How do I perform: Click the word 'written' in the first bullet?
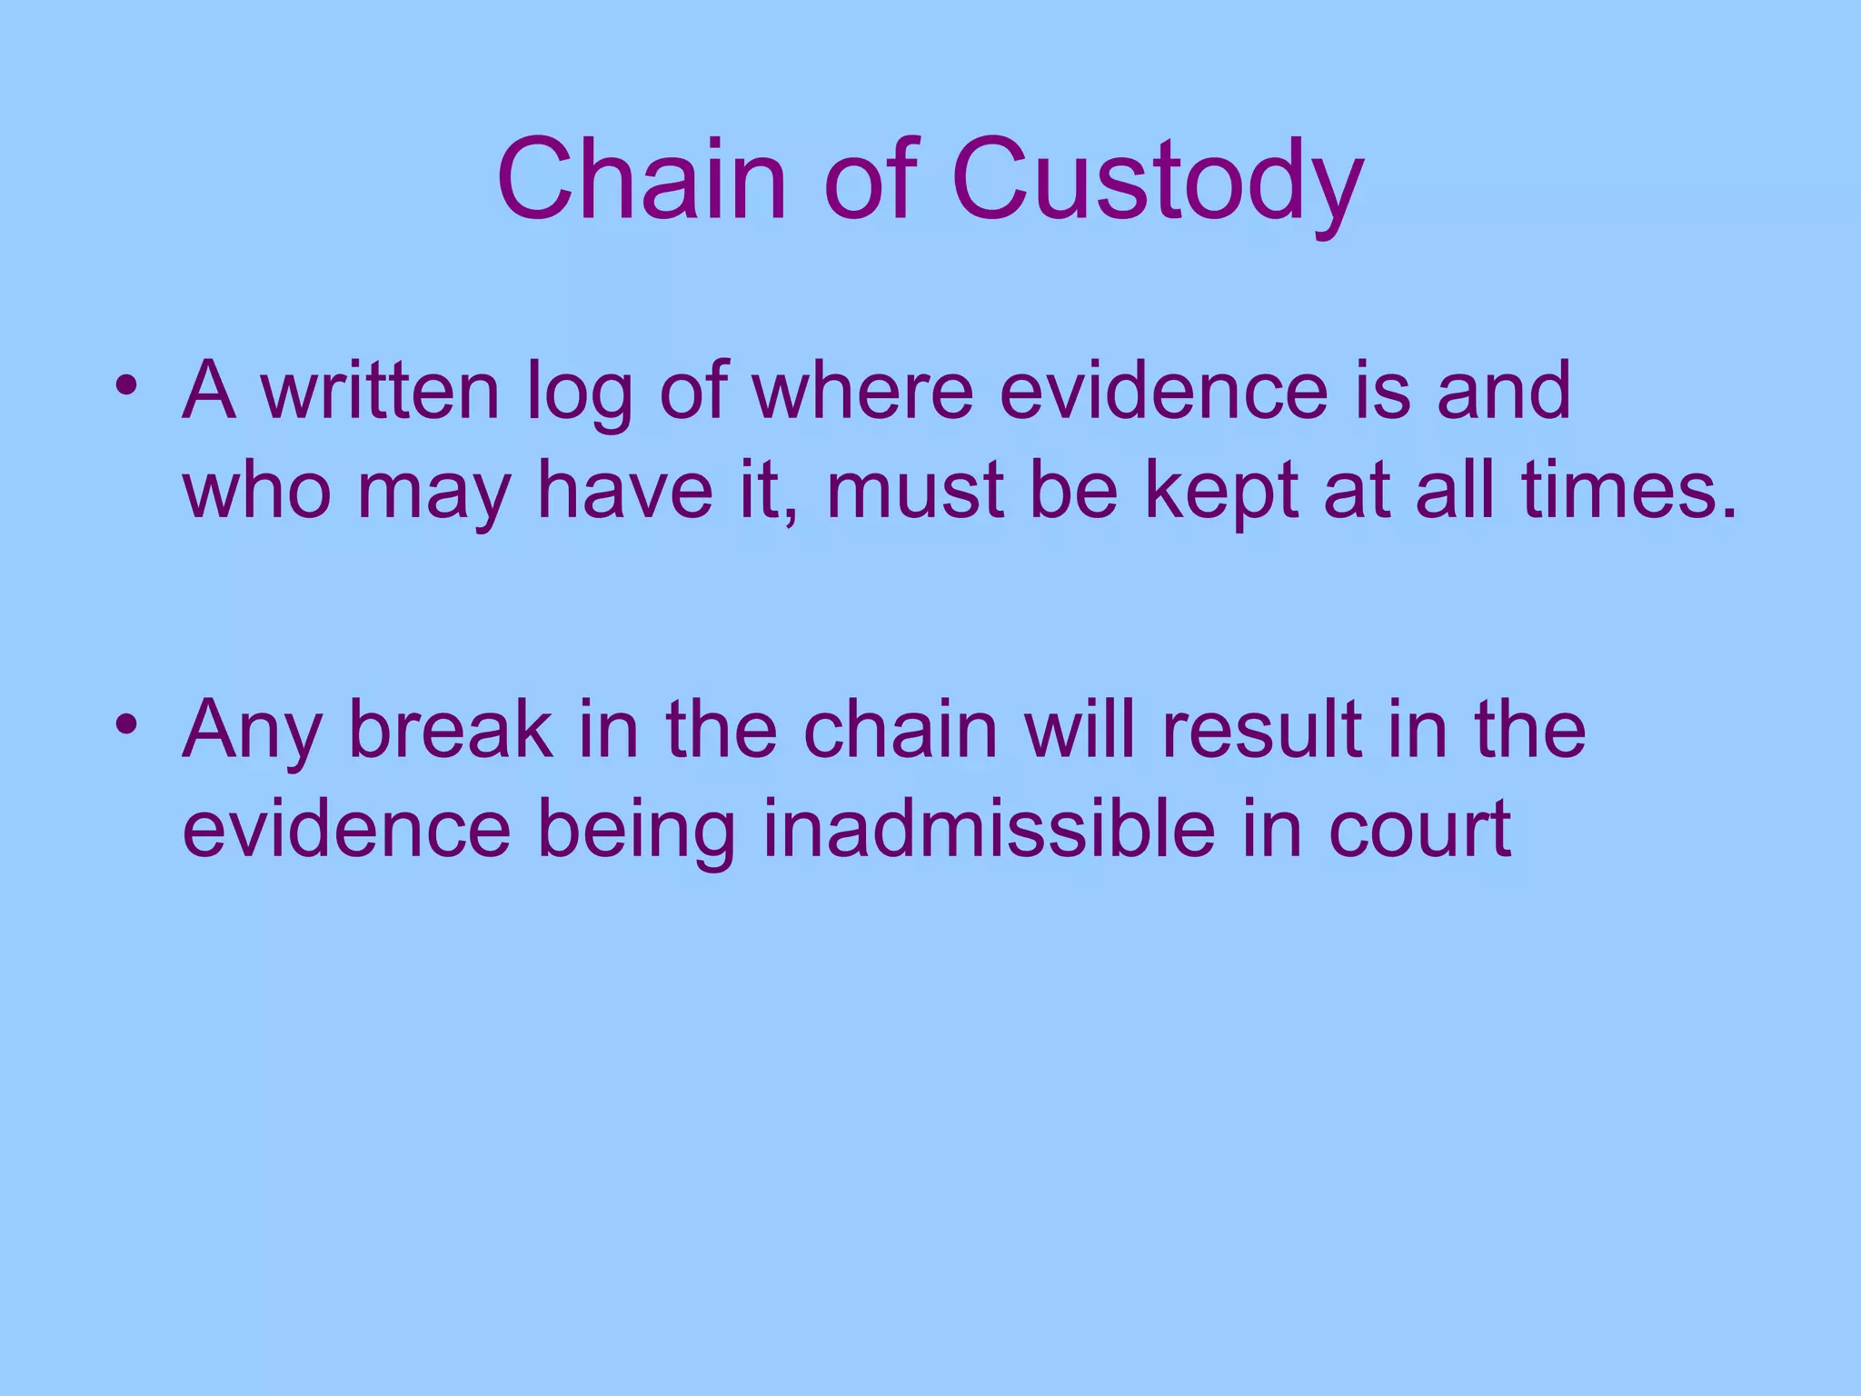(381, 391)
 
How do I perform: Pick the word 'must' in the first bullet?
(914, 491)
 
